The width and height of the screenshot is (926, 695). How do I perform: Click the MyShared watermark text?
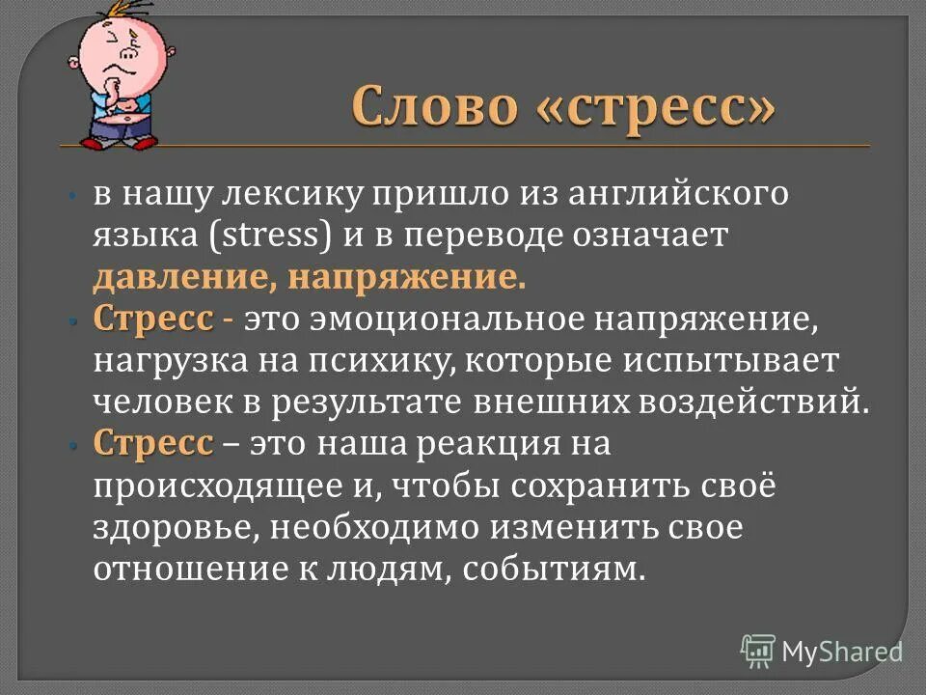click(x=841, y=651)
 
